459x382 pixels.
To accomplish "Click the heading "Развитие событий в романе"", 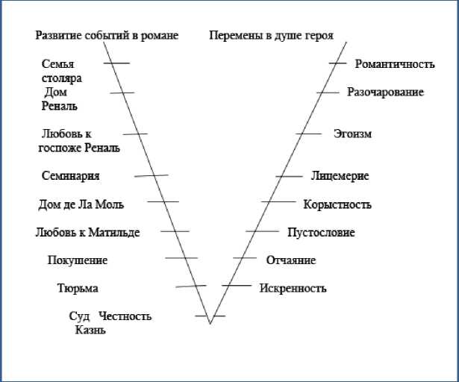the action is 107,36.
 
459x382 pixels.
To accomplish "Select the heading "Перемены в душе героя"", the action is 271,36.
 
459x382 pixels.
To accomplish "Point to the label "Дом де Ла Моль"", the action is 81,204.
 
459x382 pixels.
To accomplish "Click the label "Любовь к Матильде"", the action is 87,233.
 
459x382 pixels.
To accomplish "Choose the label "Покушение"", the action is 78,260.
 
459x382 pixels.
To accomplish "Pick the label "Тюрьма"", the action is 78,289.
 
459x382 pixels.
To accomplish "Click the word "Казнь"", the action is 90,330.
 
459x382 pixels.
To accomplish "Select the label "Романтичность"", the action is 394,64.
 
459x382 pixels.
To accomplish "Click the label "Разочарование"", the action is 385,93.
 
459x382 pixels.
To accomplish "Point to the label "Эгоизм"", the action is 352,134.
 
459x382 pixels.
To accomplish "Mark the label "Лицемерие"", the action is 340,176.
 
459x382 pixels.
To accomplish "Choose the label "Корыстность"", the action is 337,204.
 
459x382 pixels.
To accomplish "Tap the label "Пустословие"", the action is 321,233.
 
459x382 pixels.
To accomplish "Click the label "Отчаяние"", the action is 291,260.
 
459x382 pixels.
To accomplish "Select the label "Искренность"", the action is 293,289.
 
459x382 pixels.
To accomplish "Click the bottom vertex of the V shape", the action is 210,323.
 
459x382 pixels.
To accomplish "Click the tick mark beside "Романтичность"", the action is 337,63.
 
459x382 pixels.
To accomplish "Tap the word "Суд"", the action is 79,316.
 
